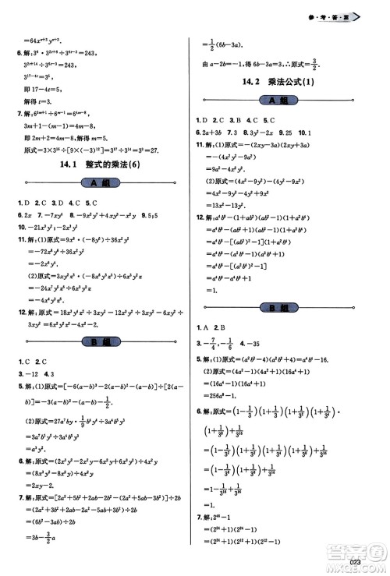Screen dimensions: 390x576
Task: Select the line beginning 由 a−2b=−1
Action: click(250, 64)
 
